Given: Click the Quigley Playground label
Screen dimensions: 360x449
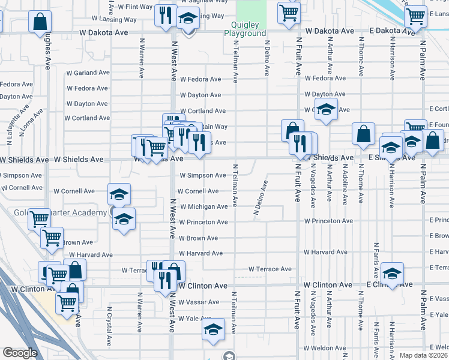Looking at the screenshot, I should click(249, 29).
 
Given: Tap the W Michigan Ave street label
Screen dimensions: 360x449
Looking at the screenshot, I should click(204, 206).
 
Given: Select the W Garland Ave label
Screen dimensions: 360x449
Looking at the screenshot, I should click(88, 73).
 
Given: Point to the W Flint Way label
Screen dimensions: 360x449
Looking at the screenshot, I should click(135, 7).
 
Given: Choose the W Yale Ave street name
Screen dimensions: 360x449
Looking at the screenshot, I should click(195, 319).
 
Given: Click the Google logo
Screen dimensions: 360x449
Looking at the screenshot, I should click(20, 353).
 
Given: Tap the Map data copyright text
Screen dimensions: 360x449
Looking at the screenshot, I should click(423, 355).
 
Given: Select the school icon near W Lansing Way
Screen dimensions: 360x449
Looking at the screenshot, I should click(188, 20).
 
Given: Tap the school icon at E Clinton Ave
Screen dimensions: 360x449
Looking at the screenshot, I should click(392, 274).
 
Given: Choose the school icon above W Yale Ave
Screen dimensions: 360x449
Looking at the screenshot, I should click(212, 330).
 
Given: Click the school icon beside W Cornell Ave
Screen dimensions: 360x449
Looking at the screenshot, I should click(119, 194).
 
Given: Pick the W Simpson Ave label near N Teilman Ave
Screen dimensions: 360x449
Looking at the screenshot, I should click(203, 175).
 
